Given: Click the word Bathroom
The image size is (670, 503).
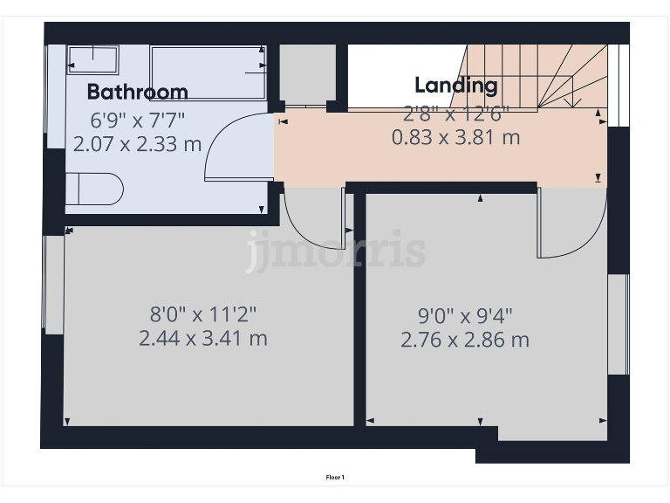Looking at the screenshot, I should (137, 92).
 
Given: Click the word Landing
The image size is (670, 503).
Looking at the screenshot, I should (455, 86).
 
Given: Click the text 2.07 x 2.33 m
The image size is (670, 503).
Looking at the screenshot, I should (137, 143).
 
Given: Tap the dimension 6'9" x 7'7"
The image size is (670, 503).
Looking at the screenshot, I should (138, 120).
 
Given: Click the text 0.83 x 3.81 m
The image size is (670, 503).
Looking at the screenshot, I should (455, 137).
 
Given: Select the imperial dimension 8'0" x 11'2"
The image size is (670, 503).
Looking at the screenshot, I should (202, 314).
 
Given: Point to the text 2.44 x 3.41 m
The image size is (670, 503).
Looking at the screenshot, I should (202, 338).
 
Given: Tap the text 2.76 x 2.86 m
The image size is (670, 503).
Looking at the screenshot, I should (464, 340).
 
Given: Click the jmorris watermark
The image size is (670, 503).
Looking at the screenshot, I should (336, 251).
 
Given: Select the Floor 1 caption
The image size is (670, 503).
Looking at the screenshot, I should (335, 477).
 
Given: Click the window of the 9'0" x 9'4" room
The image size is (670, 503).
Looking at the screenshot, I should (618, 324).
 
